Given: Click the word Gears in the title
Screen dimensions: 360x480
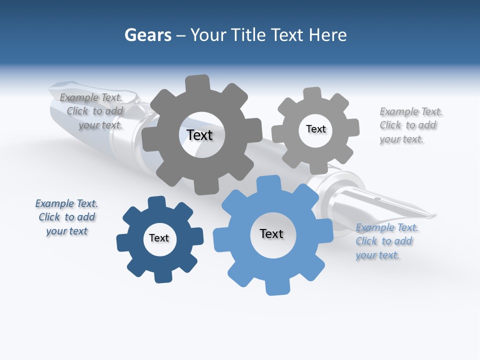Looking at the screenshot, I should click(x=147, y=35).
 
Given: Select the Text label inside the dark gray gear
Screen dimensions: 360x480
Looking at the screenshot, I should click(x=199, y=135).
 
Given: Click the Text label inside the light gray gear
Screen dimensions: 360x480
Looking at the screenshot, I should click(x=315, y=129).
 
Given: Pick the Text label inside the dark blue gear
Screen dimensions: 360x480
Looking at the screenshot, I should click(x=159, y=238).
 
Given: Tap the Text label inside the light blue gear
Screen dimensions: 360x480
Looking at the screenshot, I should click(x=271, y=233).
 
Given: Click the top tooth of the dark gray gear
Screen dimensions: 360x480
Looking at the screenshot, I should click(x=197, y=83).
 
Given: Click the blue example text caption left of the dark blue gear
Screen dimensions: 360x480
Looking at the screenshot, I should click(x=66, y=217).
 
